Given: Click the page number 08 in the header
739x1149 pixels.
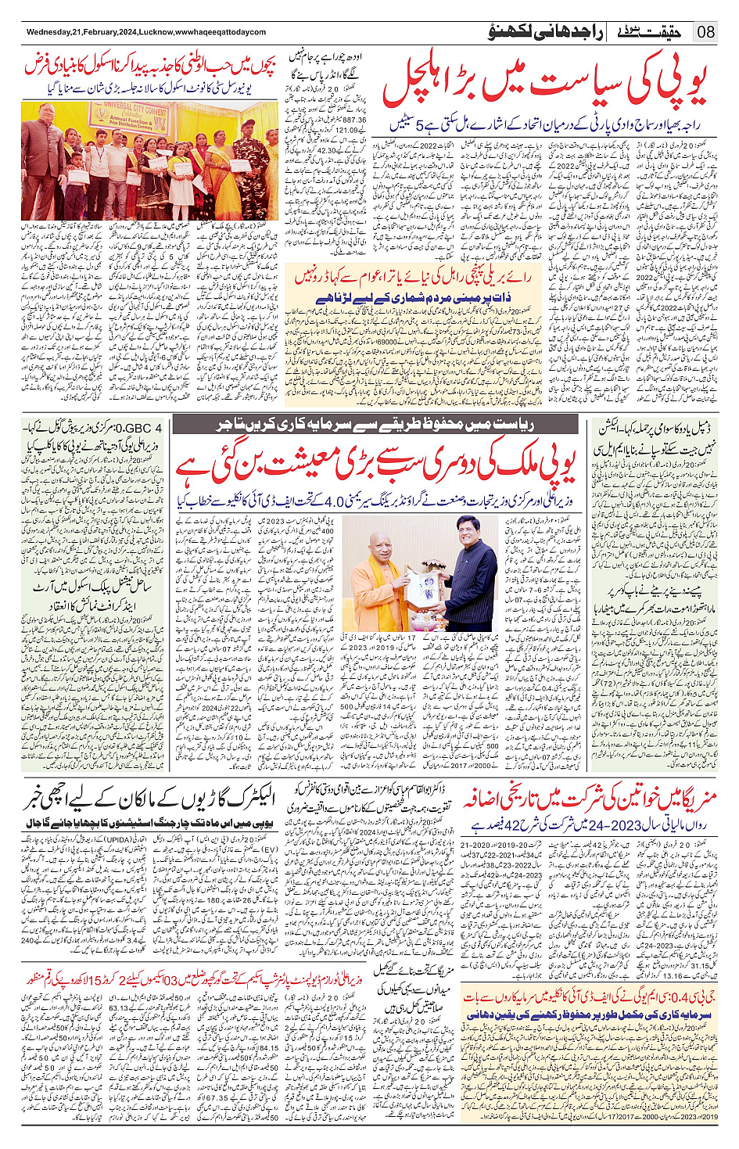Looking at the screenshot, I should [706, 32].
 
